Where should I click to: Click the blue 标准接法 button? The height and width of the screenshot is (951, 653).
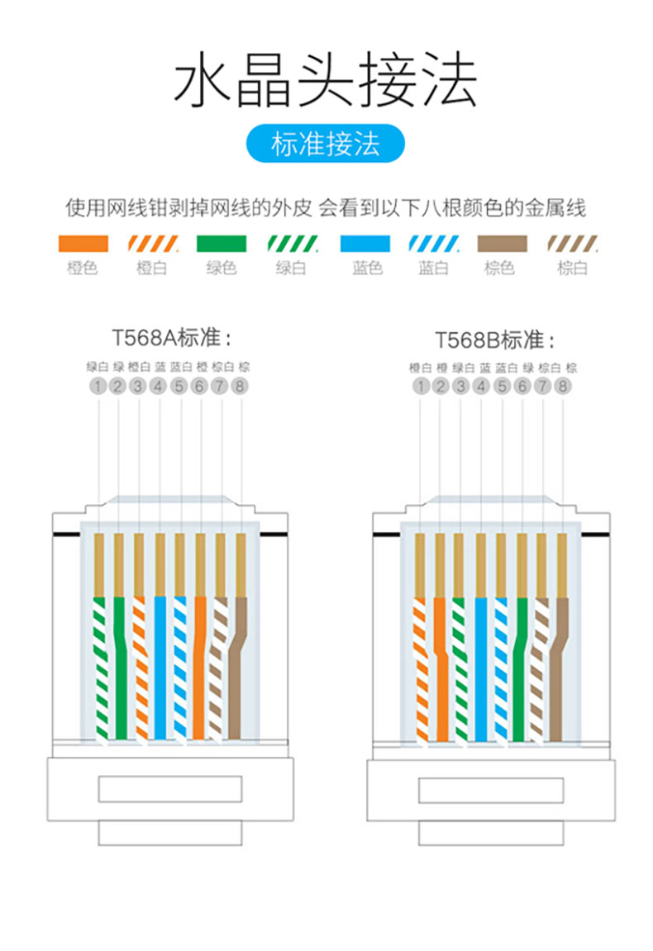tap(326, 144)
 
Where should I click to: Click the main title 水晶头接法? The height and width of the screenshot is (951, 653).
tap(326, 79)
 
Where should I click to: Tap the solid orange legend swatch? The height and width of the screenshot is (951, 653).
tap(83, 243)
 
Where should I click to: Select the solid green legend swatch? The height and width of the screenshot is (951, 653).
tap(222, 243)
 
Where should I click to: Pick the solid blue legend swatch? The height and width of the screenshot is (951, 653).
tap(365, 243)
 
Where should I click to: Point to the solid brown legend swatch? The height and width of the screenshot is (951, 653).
tap(503, 243)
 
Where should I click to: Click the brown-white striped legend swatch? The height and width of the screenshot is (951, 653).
tap(573, 243)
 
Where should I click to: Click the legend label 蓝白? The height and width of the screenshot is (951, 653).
tap(433, 268)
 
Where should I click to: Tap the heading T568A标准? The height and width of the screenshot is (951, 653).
tap(171, 337)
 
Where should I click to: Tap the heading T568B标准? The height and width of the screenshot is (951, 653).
tap(494, 340)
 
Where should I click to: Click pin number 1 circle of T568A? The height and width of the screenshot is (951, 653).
tap(98, 386)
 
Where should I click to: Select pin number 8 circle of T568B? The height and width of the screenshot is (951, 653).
tap(563, 386)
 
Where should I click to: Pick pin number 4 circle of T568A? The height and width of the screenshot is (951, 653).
tap(159, 386)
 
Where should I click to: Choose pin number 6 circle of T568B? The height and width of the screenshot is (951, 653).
tap(522, 386)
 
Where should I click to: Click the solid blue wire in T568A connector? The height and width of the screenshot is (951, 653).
tap(160, 667)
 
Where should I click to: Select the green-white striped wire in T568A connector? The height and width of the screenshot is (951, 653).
tap(101, 667)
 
